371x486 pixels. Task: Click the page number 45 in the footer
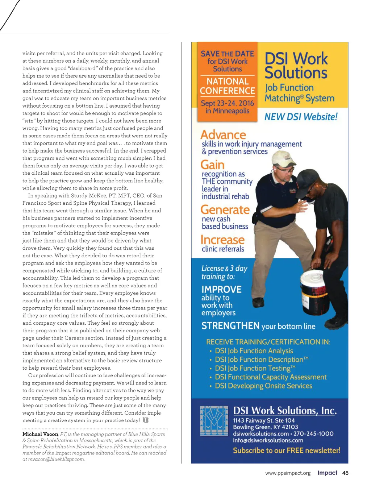point(345,473)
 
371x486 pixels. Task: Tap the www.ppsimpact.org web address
point(288,473)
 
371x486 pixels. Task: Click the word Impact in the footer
point(327,473)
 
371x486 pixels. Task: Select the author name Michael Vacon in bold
point(40,434)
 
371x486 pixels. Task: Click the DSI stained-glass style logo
point(214,421)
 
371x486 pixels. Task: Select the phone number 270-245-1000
point(313,434)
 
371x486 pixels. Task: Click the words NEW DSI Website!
point(301,117)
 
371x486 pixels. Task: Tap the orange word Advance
point(223,135)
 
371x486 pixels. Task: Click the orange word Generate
point(225,210)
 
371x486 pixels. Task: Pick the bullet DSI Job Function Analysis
point(254,351)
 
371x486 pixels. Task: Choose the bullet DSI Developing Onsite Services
point(263,386)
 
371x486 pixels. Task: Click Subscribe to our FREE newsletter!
point(287,450)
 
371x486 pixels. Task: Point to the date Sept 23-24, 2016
point(227,103)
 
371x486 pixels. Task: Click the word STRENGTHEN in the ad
point(230,326)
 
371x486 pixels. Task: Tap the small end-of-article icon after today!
point(146,420)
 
